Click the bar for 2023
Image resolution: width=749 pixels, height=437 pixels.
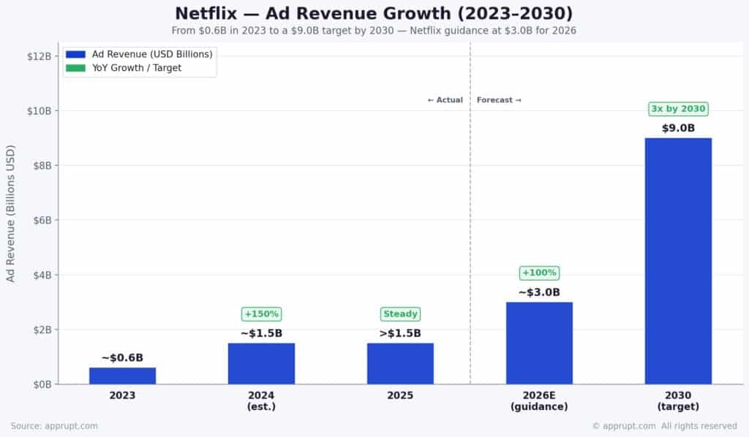tap(122, 376)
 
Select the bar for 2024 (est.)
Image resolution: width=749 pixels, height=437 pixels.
tap(261, 363)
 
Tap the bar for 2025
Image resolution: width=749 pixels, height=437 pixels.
tap(400, 363)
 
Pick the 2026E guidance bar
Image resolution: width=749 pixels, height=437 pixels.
tap(539, 343)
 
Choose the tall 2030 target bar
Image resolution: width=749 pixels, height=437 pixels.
tap(678, 261)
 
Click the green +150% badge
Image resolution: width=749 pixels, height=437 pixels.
tap(261, 314)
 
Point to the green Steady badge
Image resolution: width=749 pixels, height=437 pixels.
tap(400, 314)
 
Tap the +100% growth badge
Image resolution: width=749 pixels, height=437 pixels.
tap(539, 273)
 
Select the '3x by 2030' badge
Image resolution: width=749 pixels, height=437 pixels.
tap(678, 109)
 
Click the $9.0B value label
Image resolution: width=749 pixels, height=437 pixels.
tap(678, 129)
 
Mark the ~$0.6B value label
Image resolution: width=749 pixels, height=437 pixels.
tap(122, 357)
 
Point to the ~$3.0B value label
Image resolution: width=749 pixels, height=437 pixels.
tap(539, 292)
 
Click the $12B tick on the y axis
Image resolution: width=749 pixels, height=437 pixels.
tap(39, 56)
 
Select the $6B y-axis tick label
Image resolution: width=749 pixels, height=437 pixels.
tap(42, 220)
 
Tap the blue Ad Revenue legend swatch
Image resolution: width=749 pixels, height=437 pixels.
tap(75, 54)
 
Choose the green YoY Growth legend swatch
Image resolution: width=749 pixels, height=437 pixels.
tap(75, 68)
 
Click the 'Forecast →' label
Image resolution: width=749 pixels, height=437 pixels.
tap(499, 100)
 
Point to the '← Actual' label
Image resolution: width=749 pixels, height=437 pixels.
tap(445, 100)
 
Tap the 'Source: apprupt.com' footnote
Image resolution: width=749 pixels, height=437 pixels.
tap(54, 425)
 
